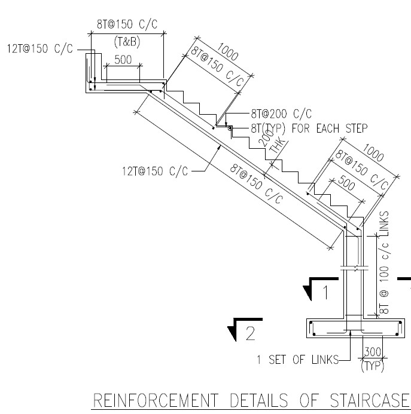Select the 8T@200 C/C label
[282, 114]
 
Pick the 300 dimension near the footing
[373, 354]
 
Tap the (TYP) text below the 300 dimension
[373, 366]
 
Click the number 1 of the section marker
[325, 293]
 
